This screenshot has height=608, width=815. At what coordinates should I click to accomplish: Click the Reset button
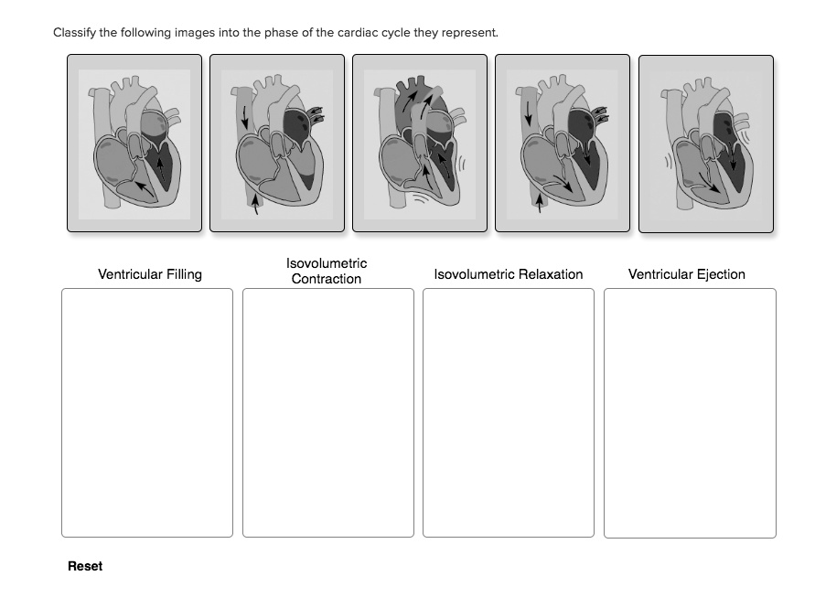point(85,566)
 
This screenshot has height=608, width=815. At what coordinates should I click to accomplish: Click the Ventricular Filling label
point(150,274)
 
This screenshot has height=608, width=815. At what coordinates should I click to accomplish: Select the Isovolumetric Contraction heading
point(327,271)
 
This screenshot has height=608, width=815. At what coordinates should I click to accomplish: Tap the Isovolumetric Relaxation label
point(508,274)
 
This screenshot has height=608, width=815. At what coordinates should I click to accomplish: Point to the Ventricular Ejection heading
point(686,274)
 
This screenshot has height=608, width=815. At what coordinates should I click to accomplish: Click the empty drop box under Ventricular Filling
point(147,412)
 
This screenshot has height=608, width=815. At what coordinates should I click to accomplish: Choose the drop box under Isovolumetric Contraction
point(327,412)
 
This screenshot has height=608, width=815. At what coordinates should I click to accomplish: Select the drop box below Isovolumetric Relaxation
point(508,412)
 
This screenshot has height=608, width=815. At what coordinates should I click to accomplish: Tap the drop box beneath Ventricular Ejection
point(690,412)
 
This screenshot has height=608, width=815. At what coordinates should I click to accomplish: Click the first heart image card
point(134,143)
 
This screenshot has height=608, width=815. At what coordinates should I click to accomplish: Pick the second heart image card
point(277,143)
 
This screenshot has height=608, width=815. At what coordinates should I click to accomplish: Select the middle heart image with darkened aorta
point(420,143)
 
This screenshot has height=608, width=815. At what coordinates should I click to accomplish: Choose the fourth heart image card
point(563,143)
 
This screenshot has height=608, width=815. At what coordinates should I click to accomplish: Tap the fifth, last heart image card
point(705,143)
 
